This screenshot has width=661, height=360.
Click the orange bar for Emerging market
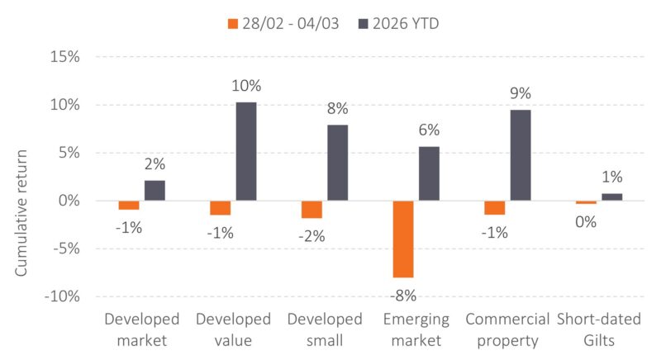point(403,239)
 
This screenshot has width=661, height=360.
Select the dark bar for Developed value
point(245,151)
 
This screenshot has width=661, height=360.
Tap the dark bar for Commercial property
point(520,155)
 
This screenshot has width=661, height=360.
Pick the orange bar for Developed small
point(311,209)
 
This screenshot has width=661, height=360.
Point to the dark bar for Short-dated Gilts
point(611,197)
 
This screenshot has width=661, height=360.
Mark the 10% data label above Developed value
point(246,86)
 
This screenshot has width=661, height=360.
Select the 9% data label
point(521,94)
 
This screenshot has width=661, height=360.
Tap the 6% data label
point(429,130)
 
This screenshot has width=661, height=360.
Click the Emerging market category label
point(416,329)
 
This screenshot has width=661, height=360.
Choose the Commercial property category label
point(507,329)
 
